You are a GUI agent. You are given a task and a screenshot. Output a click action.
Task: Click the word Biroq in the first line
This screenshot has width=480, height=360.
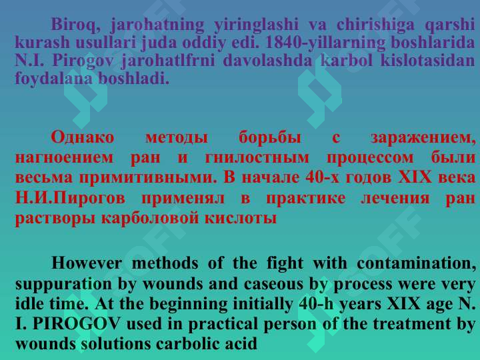(x=73, y=25)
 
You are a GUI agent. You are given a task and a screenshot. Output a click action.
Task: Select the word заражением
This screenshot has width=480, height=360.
(x=423, y=139)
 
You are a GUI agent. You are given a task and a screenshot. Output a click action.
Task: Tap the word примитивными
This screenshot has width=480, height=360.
(x=149, y=178)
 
